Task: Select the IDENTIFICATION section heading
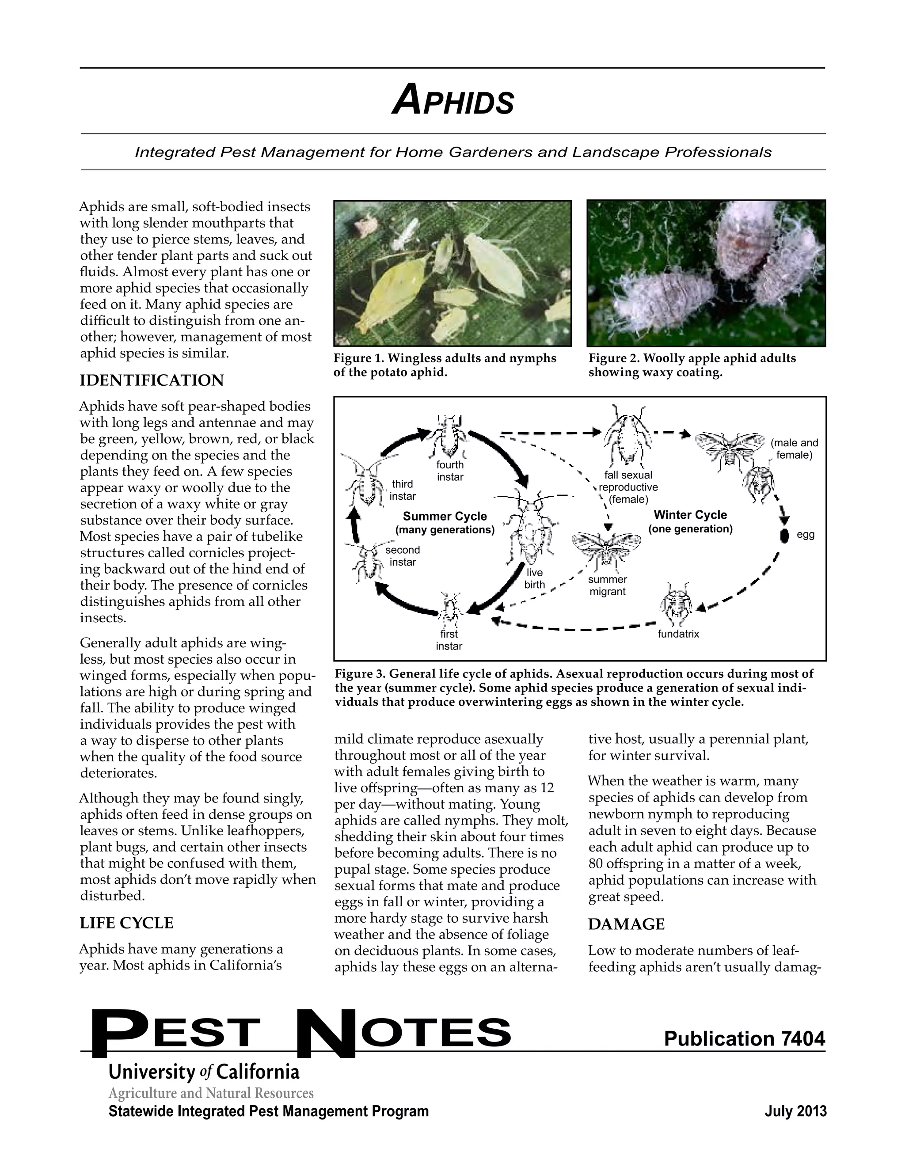click(x=152, y=380)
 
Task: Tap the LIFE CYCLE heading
click(x=126, y=923)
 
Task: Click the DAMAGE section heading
click(x=626, y=924)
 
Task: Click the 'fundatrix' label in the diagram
click(x=678, y=634)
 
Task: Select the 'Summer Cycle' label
click(x=445, y=516)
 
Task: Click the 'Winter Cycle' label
click(x=690, y=515)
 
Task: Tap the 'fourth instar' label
click(x=450, y=471)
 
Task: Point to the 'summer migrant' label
click(x=608, y=585)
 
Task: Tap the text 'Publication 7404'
click(x=744, y=1038)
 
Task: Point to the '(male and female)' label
click(x=794, y=449)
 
